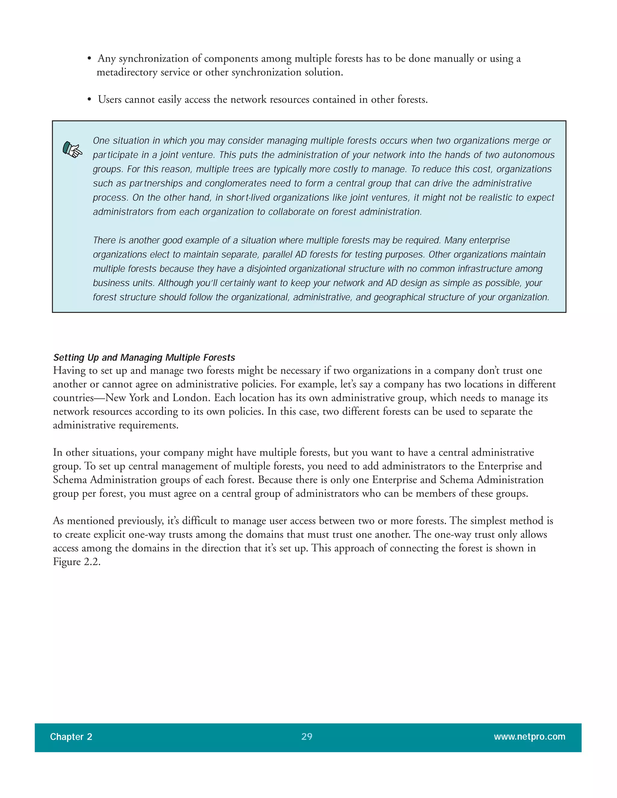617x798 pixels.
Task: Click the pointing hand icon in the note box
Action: coord(72,149)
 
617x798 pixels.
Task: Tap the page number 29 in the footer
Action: coord(307,736)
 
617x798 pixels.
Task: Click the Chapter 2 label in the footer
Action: coord(71,737)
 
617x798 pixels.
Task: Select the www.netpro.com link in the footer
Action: coord(529,736)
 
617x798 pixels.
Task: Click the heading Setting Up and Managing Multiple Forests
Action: coord(144,357)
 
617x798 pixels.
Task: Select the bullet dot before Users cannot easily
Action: coord(89,100)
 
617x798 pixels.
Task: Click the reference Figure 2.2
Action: coord(77,562)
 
